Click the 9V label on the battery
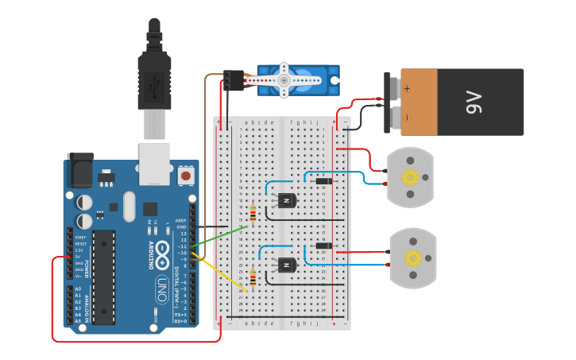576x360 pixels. click(474, 102)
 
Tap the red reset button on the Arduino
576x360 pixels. click(185, 174)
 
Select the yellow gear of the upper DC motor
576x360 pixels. click(410, 177)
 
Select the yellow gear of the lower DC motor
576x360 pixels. click(412, 257)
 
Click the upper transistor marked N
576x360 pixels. click(285, 200)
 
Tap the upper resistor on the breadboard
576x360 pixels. click(253, 213)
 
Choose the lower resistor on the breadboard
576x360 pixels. click(253, 277)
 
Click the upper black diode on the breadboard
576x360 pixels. click(323, 181)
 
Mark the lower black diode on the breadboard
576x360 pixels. click(323, 246)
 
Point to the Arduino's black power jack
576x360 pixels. click(79, 170)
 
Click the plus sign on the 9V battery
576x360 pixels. click(408, 89)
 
